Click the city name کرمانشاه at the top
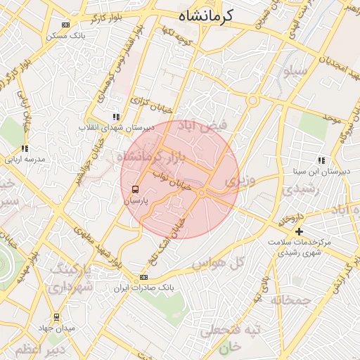(206, 15)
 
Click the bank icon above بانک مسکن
(66, 25)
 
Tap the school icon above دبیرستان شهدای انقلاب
(115, 117)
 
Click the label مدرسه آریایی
(25, 160)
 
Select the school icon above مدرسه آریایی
(25, 149)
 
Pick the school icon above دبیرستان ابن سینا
(321, 160)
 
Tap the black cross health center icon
(300, 231)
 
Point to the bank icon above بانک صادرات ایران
(143, 278)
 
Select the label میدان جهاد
(56, 328)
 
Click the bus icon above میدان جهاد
(56, 318)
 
